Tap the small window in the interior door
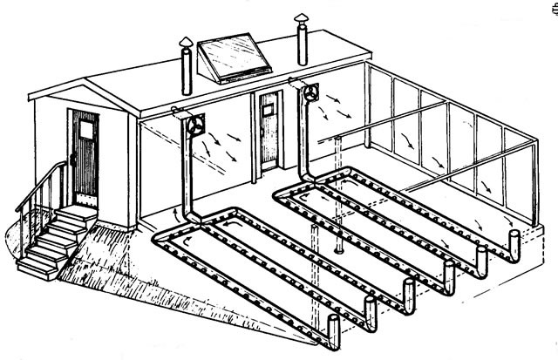(x=268, y=108)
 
